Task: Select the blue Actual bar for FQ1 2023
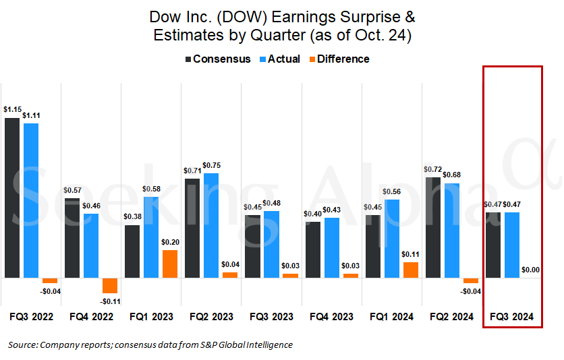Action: (151, 237)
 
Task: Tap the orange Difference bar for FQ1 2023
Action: (170, 264)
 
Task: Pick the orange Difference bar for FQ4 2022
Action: (110, 285)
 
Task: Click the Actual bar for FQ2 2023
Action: (211, 225)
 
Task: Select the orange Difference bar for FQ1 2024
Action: (411, 270)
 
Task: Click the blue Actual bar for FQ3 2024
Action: (512, 245)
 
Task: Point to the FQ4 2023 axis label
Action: (331, 316)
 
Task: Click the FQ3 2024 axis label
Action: (512, 316)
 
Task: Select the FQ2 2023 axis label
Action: (211, 316)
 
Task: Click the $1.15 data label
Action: (11, 109)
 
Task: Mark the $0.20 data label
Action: (170, 242)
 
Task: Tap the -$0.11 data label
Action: (110, 301)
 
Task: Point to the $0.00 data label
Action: (531, 270)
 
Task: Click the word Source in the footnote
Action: (22, 344)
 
